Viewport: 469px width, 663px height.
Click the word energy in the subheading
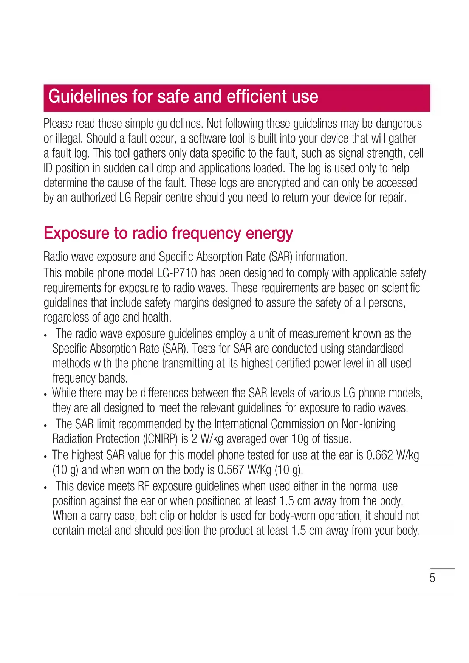[x=269, y=233]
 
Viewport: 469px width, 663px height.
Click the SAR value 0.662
[x=379, y=455]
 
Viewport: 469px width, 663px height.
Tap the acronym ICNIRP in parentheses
[x=160, y=439]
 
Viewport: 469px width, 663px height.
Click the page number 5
[x=432, y=578]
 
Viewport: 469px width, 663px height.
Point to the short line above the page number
[x=442, y=569]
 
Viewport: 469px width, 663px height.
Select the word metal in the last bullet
[x=100, y=531]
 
